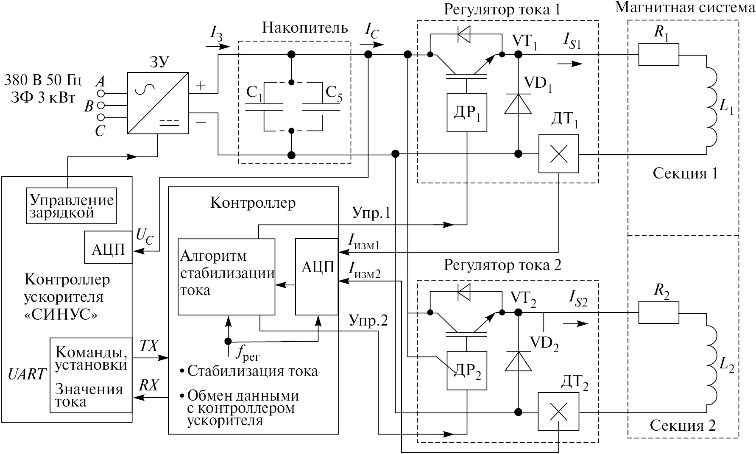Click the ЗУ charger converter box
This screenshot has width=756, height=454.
(158, 103)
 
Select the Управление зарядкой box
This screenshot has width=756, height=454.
(71, 206)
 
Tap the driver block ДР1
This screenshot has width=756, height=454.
(467, 112)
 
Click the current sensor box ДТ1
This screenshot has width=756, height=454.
(558, 153)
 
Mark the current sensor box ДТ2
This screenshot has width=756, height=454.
(558, 412)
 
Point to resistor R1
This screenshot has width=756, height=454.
(658, 55)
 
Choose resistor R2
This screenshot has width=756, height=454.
(658, 313)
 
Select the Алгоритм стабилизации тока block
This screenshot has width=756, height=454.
(226, 277)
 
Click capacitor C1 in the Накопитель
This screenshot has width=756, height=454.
(264, 107)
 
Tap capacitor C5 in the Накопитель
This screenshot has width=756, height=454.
(321, 107)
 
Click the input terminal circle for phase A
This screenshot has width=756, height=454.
(101, 93)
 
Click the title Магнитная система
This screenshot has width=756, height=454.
(685, 8)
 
